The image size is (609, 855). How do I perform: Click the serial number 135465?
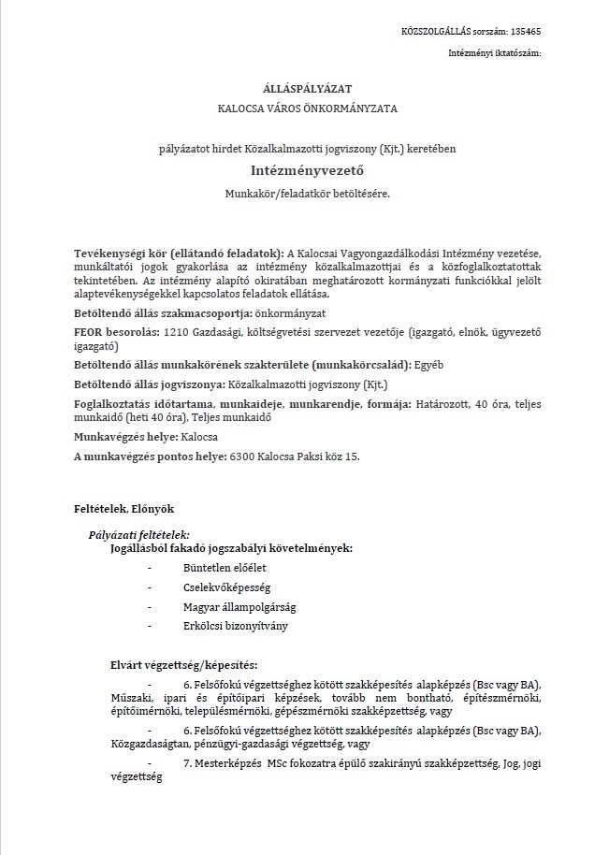526,32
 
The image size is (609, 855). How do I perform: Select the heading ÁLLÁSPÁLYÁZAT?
307,88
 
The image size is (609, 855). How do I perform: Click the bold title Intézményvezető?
307,171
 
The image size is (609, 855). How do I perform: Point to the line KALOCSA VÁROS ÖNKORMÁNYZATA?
307,109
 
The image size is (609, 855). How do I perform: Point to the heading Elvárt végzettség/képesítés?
183,666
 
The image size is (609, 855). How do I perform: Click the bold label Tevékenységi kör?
121,254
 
